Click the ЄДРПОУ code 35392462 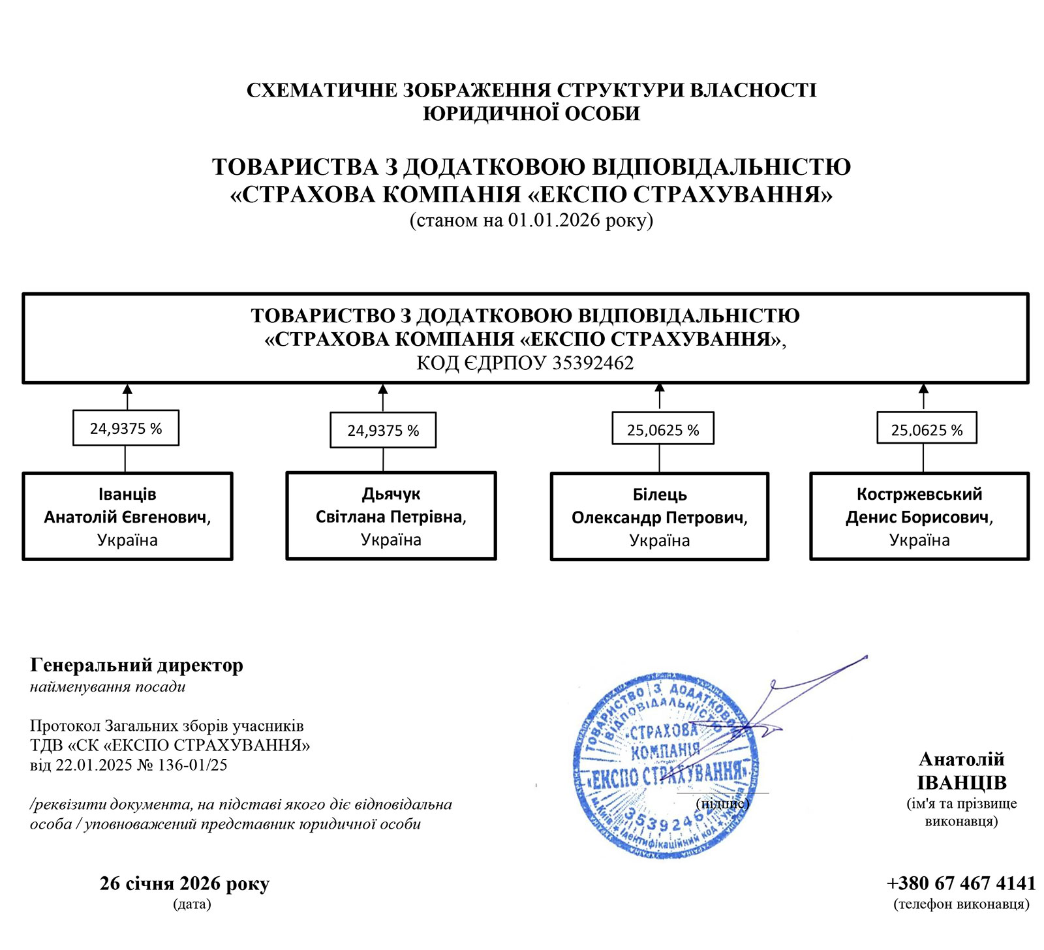tap(592, 363)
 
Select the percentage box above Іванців tap(126, 428)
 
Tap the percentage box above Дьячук tap(383, 430)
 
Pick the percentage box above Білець tap(663, 429)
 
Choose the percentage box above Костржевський tap(927, 429)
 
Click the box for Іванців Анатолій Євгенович tap(128, 516)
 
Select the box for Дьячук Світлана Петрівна tap(391, 515)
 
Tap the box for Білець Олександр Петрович tap(660, 517)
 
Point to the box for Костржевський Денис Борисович tap(919, 516)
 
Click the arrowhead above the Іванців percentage tap(127, 389)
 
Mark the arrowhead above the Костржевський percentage tap(923, 388)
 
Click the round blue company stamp tap(666, 767)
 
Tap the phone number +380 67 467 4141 tap(961, 883)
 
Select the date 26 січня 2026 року tap(185, 883)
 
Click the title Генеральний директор tap(136, 666)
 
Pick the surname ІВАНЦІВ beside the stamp tap(962, 783)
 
